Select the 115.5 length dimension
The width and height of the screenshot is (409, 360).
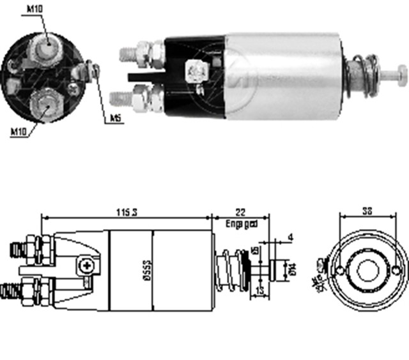point(127,213)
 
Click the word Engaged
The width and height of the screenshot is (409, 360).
point(242,223)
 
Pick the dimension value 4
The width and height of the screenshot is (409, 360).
point(290,238)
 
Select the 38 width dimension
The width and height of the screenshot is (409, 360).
point(367,209)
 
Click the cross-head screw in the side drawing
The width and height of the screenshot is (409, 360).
point(84,262)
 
